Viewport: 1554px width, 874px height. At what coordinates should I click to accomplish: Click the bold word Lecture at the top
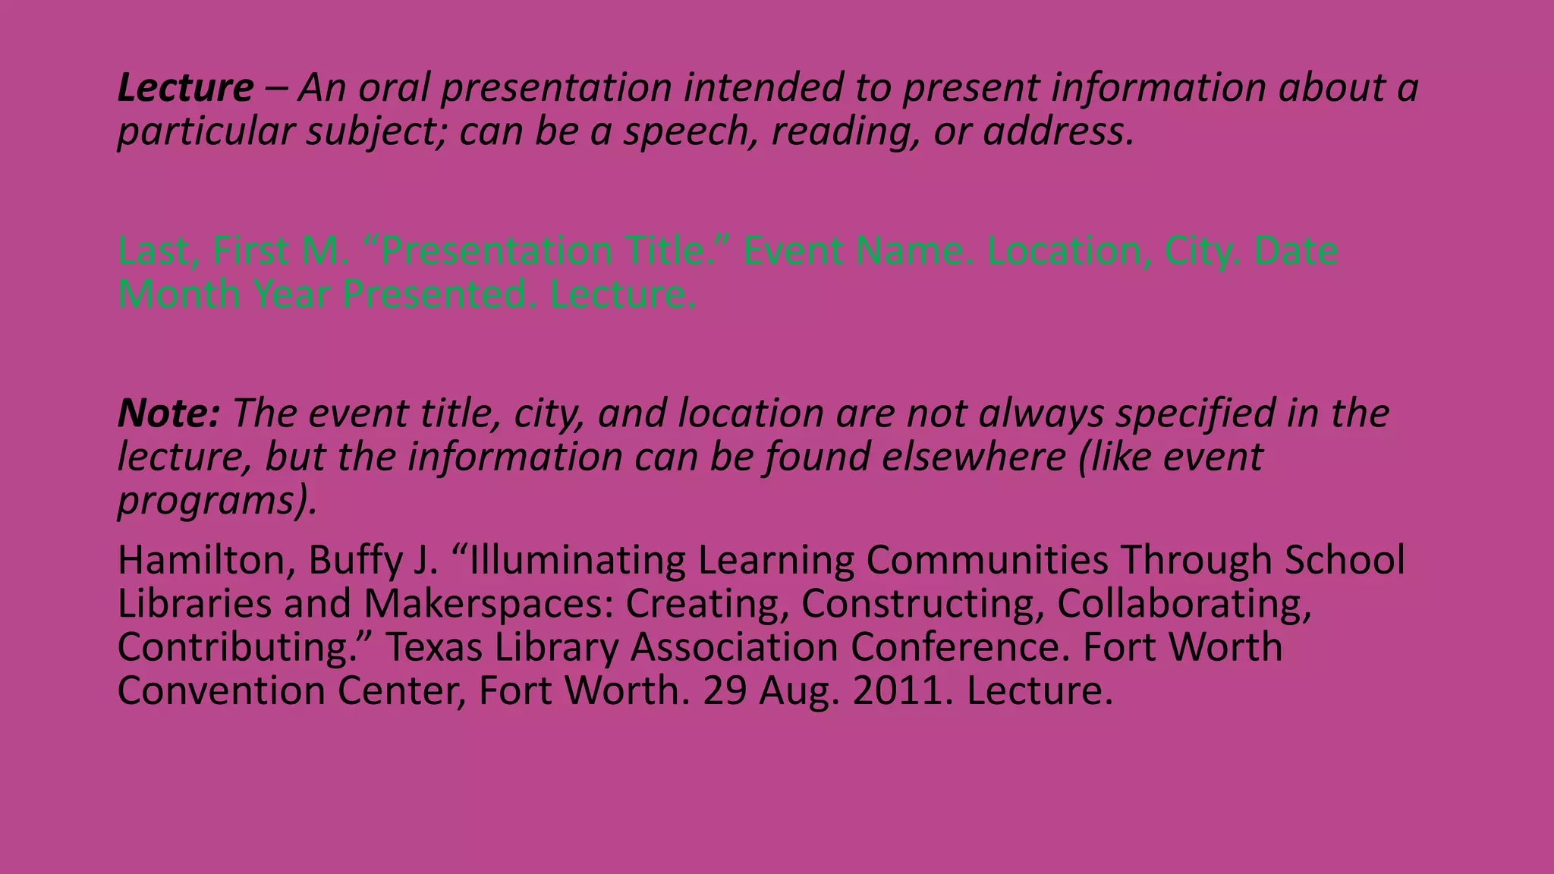(185, 88)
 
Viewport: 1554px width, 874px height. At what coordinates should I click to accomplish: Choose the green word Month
(179, 294)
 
